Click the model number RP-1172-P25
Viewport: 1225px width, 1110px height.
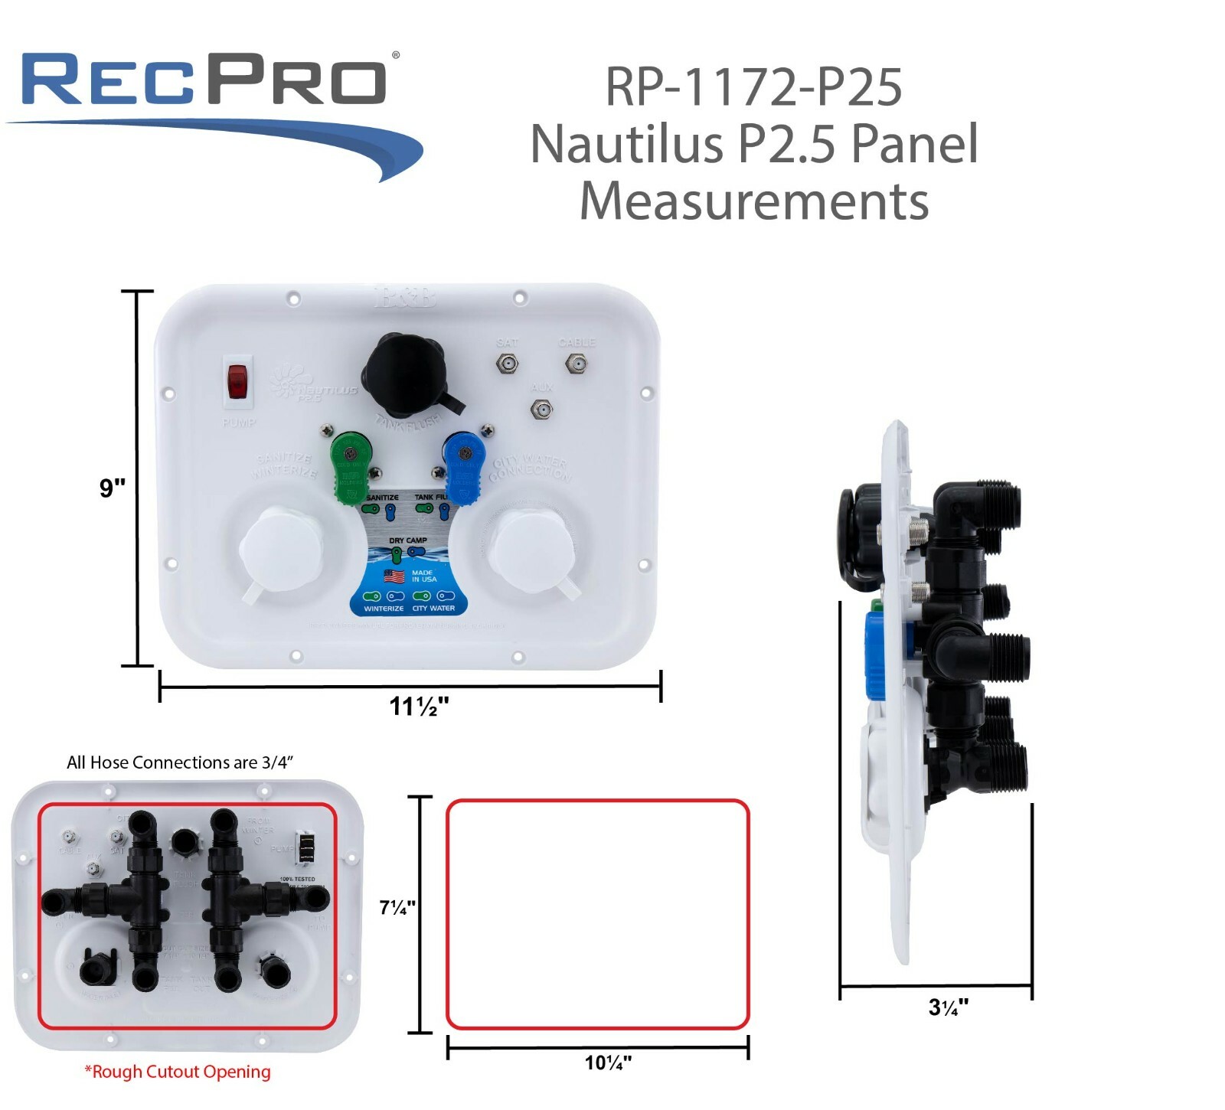point(753,87)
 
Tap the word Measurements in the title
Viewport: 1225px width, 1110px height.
point(753,201)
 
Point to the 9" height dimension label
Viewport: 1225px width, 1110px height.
point(113,488)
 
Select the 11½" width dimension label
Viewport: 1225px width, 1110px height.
point(418,706)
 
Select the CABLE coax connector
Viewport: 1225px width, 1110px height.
point(575,364)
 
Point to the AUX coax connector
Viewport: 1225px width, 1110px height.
point(541,410)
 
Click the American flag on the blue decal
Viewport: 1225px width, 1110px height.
point(393,576)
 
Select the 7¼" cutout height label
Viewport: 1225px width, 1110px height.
point(397,908)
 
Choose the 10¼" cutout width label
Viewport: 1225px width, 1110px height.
point(608,1063)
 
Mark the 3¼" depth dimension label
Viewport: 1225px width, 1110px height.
point(948,1007)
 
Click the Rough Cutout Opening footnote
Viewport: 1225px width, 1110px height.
point(178,1072)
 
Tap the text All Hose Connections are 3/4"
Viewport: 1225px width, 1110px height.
point(180,762)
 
